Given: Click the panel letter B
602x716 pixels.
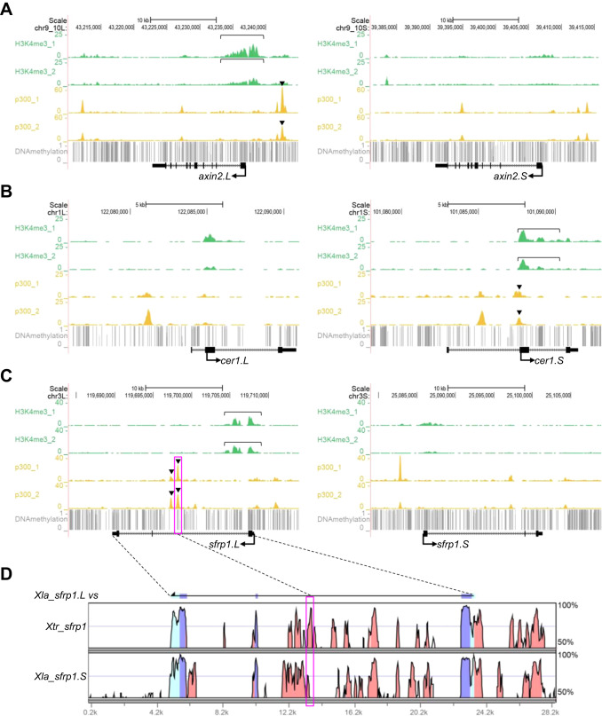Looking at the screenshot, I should tap(6, 191).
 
